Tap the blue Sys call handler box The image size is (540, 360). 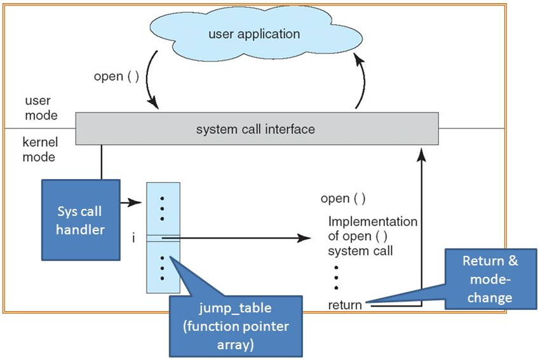click(81, 219)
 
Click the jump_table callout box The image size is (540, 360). click(235, 325)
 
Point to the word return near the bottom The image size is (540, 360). click(345, 305)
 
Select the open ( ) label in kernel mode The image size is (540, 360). click(343, 199)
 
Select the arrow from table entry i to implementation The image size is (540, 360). click(241, 239)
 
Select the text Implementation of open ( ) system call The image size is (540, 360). click(372, 236)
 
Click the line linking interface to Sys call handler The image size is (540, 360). click(101, 161)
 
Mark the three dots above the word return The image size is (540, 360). click(335, 278)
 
